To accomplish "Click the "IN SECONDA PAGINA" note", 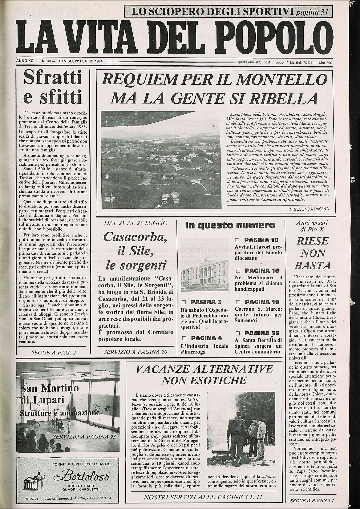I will pyautogui.click(x=309, y=209).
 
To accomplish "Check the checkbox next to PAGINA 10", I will pyautogui.click(x=237, y=240).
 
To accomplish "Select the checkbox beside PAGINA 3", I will pyautogui.click(x=184, y=302).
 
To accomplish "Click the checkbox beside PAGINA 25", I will pyautogui.click(x=237, y=333).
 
